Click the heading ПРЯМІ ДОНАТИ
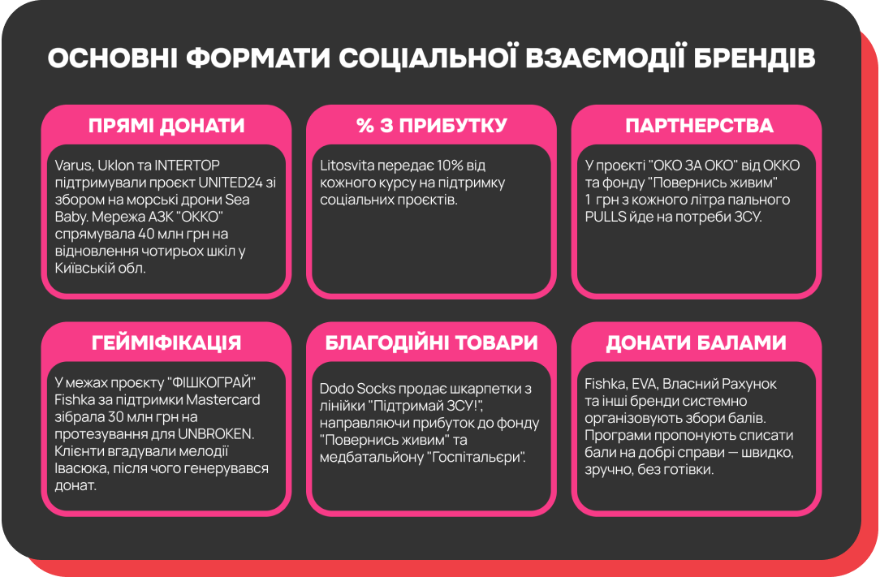(x=166, y=126)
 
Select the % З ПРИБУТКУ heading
(x=431, y=126)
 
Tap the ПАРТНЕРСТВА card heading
(x=698, y=126)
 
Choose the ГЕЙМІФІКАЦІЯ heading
(x=166, y=342)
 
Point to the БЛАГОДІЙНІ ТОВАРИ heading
(x=431, y=342)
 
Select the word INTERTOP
(x=188, y=166)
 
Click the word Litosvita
(x=347, y=166)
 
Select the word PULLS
(x=606, y=217)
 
